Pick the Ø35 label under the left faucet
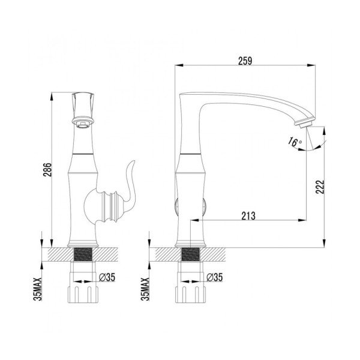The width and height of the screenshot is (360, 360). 106,277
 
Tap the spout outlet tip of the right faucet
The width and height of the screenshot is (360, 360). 304,124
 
